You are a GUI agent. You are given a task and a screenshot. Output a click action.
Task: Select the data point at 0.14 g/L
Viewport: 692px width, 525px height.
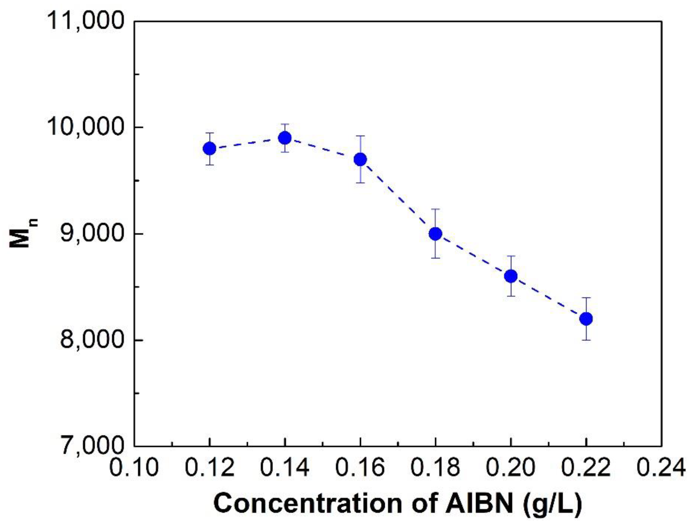coord(285,138)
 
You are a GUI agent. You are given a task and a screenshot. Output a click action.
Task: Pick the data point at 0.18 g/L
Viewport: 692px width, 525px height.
coord(436,234)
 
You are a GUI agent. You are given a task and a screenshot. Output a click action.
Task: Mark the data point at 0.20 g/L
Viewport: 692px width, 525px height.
coord(511,276)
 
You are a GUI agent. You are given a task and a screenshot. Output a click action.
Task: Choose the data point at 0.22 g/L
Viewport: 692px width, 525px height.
coord(586,319)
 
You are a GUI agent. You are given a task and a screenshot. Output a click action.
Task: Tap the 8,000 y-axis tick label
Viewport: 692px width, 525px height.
coord(91,340)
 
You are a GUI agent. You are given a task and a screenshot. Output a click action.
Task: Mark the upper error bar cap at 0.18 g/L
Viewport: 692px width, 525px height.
coord(436,209)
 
